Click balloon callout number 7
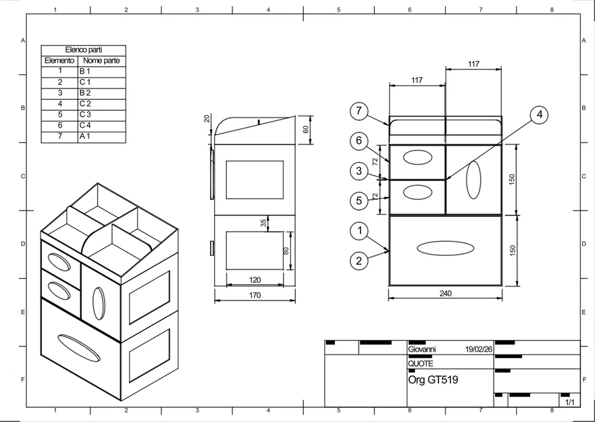pyautogui.click(x=359, y=111)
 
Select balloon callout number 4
pyautogui.click(x=538, y=115)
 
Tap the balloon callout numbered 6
pyautogui.click(x=359, y=141)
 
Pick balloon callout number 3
pyautogui.click(x=359, y=171)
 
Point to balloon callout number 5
pyautogui.click(x=359, y=201)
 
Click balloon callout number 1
pyautogui.click(x=359, y=231)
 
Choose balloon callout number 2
pyautogui.click(x=359, y=260)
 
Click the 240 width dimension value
pyautogui.click(x=445, y=294)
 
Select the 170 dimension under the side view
pyautogui.click(x=255, y=295)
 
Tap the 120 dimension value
pyautogui.click(x=255, y=280)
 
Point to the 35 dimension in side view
pyautogui.click(x=263, y=222)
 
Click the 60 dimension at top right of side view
pyautogui.click(x=305, y=130)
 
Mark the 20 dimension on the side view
pyautogui.click(x=207, y=119)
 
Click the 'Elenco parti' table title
pyautogui.click(x=83, y=50)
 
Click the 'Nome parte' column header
pyautogui.click(x=101, y=61)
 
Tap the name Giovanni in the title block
pyautogui.click(x=422, y=350)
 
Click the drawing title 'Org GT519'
pyautogui.click(x=433, y=380)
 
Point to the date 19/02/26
pyautogui.click(x=479, y=350)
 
